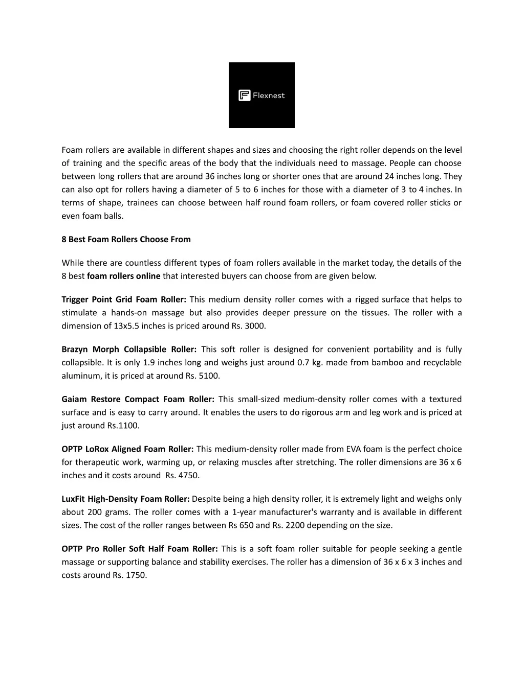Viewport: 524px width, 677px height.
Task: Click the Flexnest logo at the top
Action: coord(261,95)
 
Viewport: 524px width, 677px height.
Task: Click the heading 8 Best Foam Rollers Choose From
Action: coord(126,239)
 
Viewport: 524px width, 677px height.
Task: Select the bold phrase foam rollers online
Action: coord(124,276)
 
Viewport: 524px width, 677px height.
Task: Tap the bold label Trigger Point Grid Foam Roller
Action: coord(124,299)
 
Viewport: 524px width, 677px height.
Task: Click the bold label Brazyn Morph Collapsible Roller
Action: coord(129,349)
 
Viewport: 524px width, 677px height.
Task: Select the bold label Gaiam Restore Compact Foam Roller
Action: coord(138,399)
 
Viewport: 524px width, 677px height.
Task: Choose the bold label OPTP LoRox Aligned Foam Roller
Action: coord(127,449)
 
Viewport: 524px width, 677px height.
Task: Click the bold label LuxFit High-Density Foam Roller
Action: coord(126,499)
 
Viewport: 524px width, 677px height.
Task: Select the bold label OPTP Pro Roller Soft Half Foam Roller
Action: coord(140,549)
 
